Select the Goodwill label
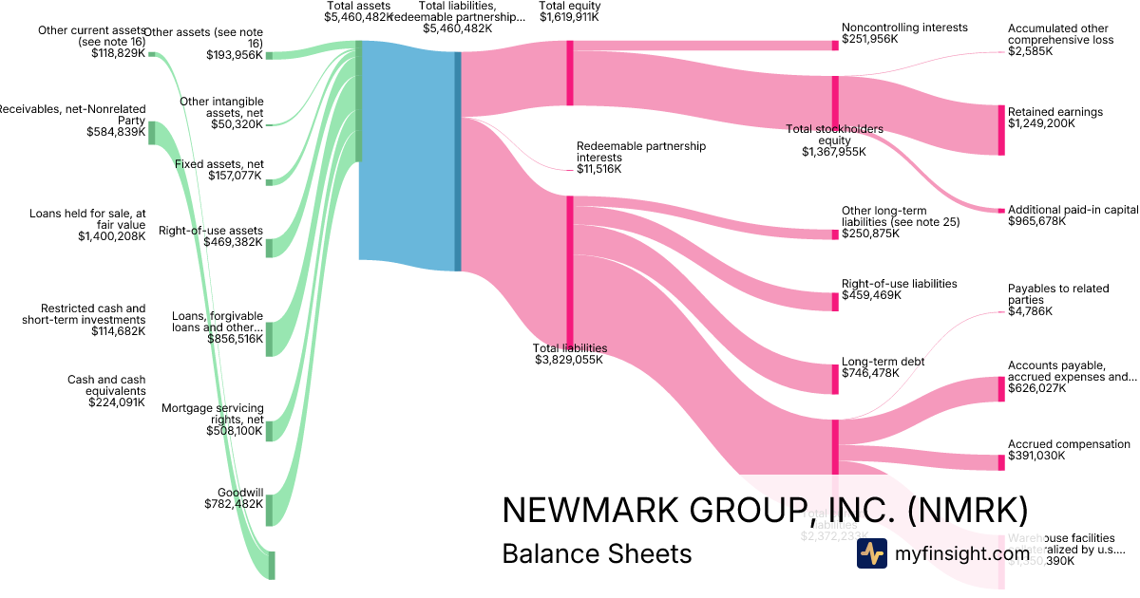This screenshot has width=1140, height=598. pos(240,493)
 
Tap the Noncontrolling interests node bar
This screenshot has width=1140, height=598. pos(835,45)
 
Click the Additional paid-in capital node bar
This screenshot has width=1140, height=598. pos(1000,210)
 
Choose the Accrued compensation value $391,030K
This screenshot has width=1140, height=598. pos(1036,456)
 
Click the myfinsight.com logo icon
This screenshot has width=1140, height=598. pos(871,552)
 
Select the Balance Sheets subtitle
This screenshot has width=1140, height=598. pos(597,553)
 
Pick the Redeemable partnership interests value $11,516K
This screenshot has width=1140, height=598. pos(598,169)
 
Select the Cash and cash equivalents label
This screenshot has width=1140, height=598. pos(106,385)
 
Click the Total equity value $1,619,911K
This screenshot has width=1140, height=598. pos(569,17)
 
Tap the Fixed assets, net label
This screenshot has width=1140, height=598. pos(219,164)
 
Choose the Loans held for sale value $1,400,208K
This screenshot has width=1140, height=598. pos(112,236)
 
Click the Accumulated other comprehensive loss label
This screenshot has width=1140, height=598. pos(1060,34)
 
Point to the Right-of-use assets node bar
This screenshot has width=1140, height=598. pos(269,247)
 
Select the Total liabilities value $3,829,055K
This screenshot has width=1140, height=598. pos(569,360)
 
